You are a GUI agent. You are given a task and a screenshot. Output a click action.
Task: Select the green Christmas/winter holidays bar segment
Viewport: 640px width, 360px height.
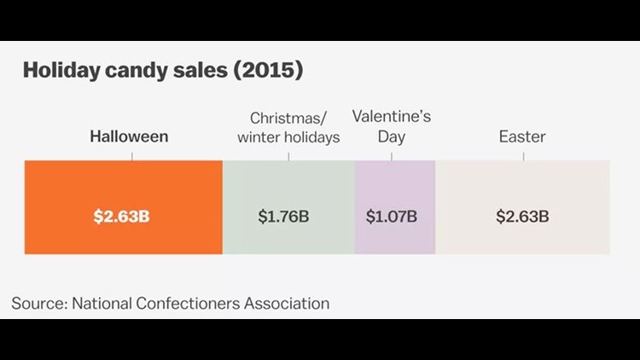click(288, 183)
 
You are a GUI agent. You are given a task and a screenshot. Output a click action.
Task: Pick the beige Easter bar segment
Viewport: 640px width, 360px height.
click(522, 183)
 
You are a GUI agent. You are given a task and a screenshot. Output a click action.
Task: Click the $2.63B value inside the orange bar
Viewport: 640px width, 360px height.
click(121, 216)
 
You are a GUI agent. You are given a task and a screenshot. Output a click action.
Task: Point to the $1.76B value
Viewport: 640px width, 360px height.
click(283, 216)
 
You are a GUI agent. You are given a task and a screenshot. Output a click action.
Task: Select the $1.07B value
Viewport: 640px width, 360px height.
click(392, 216)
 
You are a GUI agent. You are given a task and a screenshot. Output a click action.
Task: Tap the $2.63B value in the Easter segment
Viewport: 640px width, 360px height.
click(522, 216)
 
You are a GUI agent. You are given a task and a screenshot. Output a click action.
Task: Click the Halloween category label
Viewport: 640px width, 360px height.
click(130, 136)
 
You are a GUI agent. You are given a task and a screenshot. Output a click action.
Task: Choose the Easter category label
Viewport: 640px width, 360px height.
click(522, 136)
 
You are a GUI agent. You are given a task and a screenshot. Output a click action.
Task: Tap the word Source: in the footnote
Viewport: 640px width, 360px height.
click(39, 302)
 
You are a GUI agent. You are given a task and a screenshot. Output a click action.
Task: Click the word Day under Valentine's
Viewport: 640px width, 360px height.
click(391, 136)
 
